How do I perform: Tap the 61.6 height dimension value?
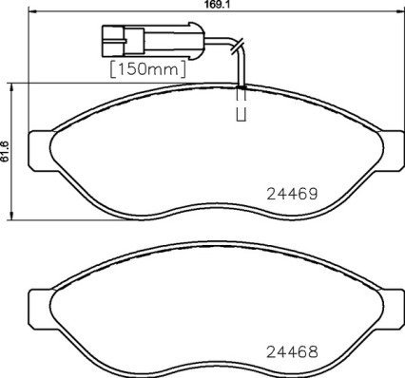[5, 150]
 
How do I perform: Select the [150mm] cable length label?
[148, 69]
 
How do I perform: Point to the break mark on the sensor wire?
[239, 44]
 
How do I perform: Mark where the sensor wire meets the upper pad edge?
[241, 86]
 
